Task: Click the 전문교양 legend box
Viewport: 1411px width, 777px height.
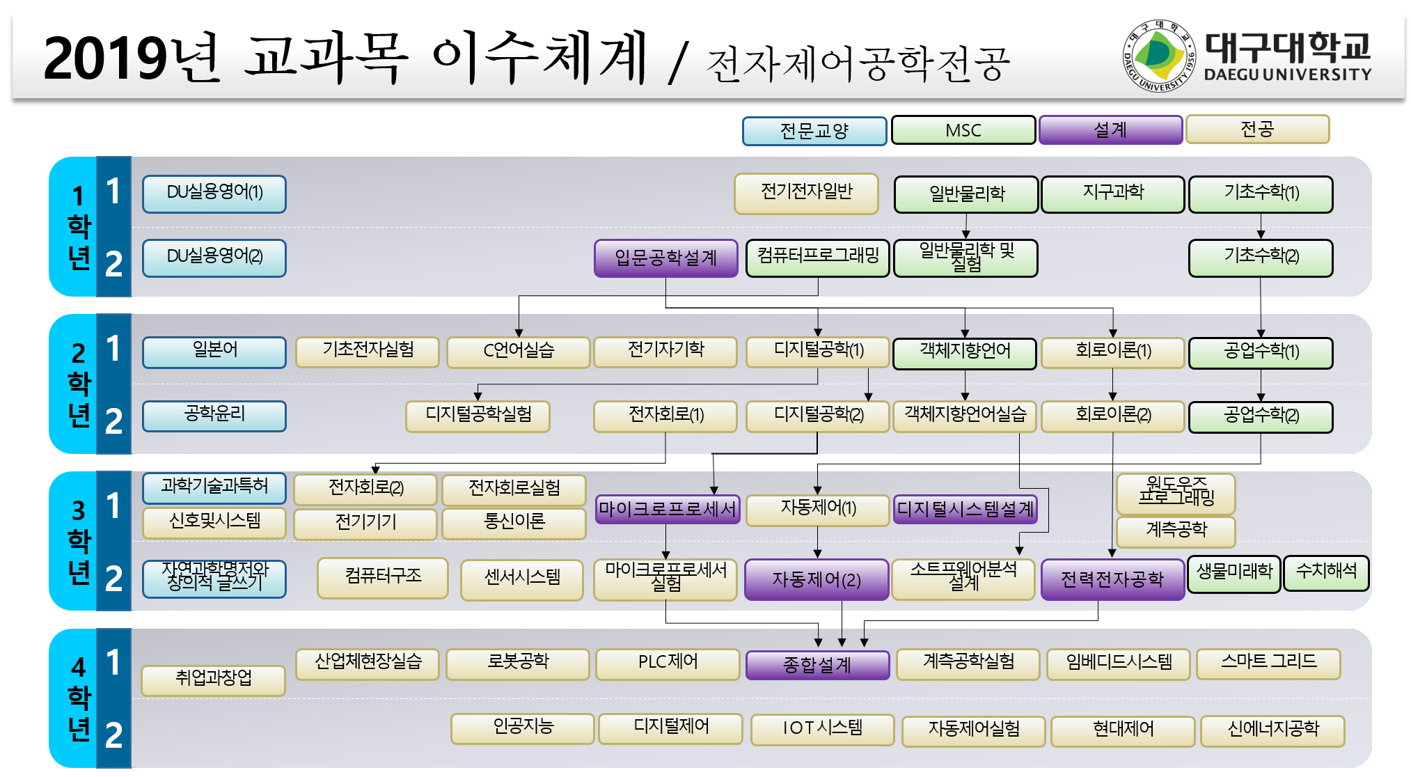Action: (814, 131)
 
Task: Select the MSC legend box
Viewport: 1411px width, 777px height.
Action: (963, 130)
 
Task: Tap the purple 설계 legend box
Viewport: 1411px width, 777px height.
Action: (1110, 129)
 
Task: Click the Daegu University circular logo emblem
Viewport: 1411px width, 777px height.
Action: (1158, 56)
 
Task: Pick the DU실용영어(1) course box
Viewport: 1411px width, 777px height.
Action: (214, 194)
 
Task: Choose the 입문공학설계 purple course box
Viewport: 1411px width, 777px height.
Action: (665, 258)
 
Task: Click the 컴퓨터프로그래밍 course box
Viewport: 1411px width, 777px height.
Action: (818, 258)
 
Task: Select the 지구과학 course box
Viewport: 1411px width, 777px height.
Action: (1113, 194)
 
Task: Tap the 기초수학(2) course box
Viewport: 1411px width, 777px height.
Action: (1261, 258)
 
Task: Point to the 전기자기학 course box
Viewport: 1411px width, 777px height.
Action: (665, 352)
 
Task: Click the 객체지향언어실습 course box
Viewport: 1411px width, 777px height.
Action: (965, 416)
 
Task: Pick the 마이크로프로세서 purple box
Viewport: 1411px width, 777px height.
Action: (667, 510)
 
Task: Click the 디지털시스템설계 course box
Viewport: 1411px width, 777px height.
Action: (965, 509)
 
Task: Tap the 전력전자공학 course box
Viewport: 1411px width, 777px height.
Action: (1112, 579)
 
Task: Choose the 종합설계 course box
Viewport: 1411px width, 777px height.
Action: (817, 665)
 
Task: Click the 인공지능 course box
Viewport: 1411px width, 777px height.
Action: (523, 728)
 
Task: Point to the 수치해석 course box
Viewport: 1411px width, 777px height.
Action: (1326, 573)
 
